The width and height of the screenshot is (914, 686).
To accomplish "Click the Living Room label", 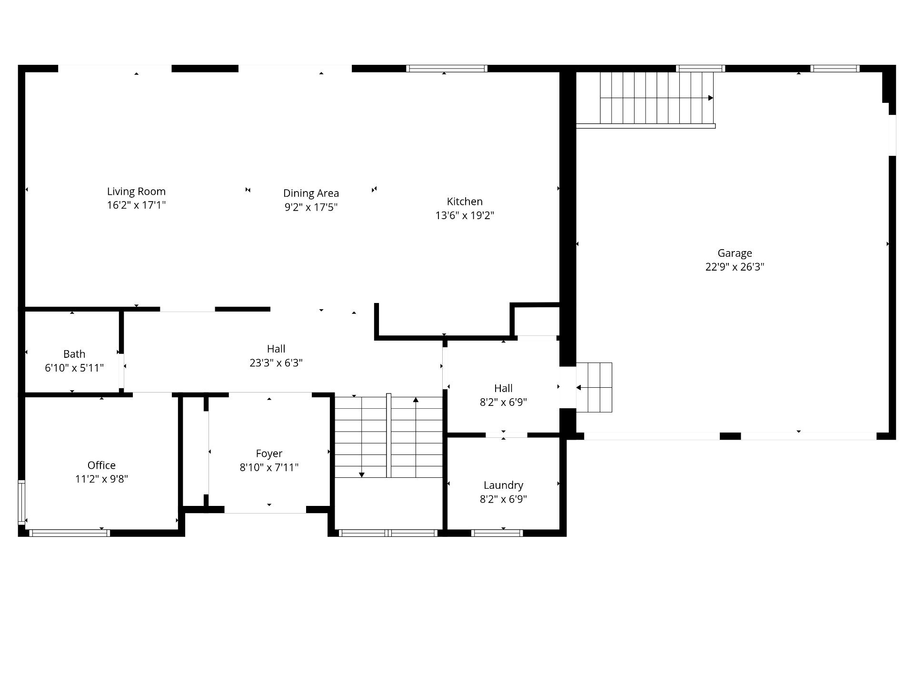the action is click(136, 192).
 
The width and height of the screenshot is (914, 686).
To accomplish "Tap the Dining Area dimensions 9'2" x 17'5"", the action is click(311, 207).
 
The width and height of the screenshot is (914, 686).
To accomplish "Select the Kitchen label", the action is click(465, 202).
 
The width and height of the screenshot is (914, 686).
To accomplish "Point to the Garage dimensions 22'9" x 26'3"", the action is click(735, 267).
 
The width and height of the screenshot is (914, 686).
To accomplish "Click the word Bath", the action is click(74, 354).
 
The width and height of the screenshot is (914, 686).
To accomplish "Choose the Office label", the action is click(101, 465).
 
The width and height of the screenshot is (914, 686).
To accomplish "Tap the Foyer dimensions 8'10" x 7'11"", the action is click(269, 467).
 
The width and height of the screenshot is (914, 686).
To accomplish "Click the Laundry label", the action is click(503, 485).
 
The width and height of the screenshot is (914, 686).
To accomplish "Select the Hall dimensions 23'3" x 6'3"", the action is click(276, 363).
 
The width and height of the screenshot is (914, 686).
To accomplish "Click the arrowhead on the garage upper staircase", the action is click(711, 98).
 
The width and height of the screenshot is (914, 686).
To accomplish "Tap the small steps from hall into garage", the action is click(594, 387).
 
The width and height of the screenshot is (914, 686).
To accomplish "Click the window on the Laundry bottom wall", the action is click(497, 533).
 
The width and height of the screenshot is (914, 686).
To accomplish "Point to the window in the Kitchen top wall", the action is click(447, 69).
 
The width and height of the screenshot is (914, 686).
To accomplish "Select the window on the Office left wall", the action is click(21, 503).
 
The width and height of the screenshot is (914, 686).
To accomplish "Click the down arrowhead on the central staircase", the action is click(362, 474).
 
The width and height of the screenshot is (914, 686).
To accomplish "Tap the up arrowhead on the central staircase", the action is click(416, 400).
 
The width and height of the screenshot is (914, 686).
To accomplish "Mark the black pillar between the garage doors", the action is click(730, 436).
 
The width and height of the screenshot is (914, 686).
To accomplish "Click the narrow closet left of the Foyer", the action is click(194, 451).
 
